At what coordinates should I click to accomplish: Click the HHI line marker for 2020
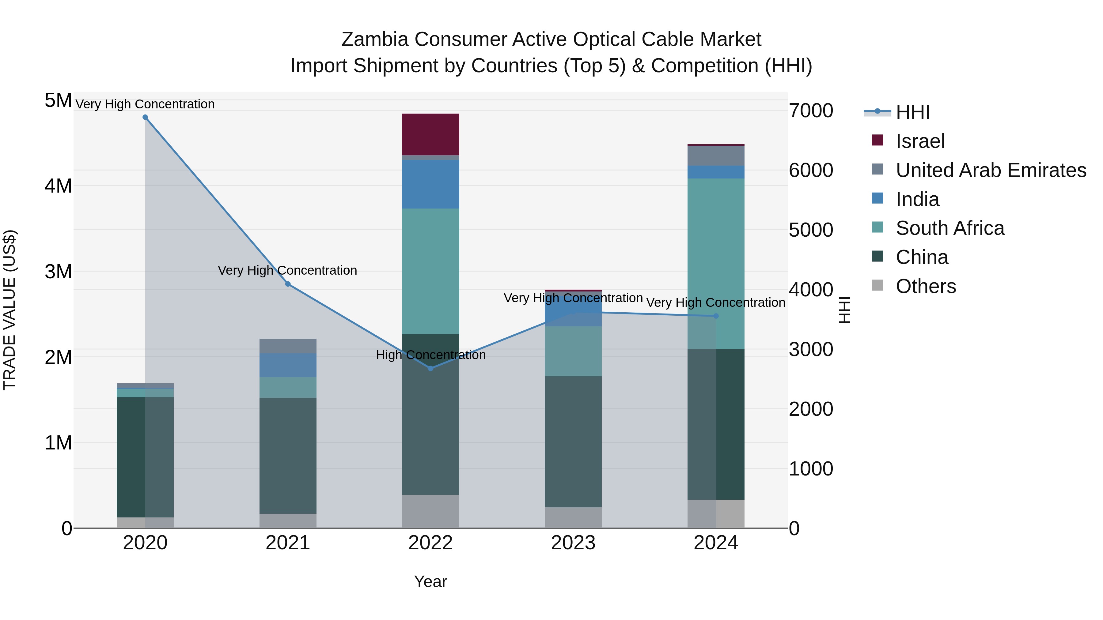click(145, 117)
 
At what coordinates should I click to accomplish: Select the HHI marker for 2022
click(431, 368)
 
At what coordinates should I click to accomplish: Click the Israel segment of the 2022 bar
click(431, 134)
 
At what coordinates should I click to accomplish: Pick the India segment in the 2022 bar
click(431, 184)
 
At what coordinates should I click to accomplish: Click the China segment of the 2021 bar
click(288, 456)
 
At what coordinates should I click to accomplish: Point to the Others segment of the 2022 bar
click(431, 511)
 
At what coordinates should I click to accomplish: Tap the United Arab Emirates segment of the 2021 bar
click(288, 346)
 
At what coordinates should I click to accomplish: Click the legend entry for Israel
click(920, 141)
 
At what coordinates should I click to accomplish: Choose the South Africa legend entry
click(950, 228)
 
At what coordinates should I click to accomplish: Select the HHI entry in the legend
click(912, 112)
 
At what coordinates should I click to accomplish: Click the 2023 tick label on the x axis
click(573, 543)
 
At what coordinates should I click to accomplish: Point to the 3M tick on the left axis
click(59, 271)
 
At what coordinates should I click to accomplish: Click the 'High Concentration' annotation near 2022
click(431, 355)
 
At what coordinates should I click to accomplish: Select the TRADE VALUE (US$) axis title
click(9, 310)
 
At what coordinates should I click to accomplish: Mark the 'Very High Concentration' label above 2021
click(287, 270)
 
